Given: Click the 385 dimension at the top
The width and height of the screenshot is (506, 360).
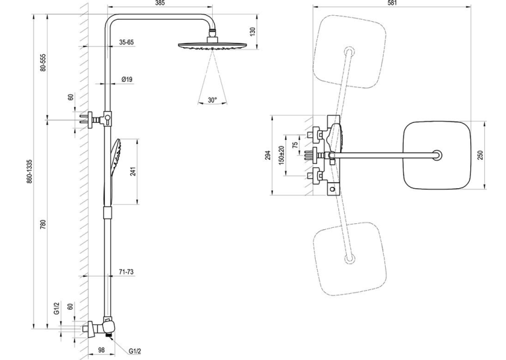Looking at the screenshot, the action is [x=160, y=3].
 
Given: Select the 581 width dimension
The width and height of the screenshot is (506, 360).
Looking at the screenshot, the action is [x=392, y=3].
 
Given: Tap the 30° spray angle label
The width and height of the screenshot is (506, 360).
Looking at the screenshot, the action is [x=212, y=100].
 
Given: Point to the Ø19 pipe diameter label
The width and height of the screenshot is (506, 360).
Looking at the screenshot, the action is [x=127, y=79].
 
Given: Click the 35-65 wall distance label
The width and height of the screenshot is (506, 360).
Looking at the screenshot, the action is [x=126, y=42].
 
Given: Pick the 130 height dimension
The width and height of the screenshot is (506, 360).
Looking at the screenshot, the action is [x=253, y=31].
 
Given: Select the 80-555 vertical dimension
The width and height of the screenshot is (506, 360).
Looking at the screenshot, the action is [x=44, y=62].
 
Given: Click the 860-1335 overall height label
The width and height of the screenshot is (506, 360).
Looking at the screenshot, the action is [x=29, y=171].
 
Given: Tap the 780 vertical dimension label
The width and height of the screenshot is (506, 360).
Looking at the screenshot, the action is [x=44, y=224].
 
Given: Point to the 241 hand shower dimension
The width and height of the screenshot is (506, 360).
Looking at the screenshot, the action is [x=133, y=171].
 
